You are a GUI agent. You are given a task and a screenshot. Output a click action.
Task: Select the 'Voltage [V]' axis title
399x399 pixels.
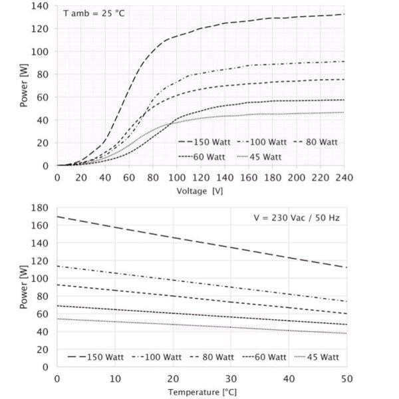point(200,191)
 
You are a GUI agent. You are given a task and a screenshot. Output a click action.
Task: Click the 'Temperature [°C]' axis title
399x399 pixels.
point(201,392)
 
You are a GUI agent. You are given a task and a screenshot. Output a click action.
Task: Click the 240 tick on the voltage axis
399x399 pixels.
point(344,178)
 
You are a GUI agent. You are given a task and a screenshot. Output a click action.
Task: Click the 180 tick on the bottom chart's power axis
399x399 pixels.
point(41,208)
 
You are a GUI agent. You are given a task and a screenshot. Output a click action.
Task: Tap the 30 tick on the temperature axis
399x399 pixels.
point(231,378)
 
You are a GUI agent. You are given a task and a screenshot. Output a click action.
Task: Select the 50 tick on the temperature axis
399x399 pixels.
point(346,378)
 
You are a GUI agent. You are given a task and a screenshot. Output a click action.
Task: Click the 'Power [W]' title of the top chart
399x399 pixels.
point(24,86)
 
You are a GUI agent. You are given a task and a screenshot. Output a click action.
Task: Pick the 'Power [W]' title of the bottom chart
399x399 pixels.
point(24,287)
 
